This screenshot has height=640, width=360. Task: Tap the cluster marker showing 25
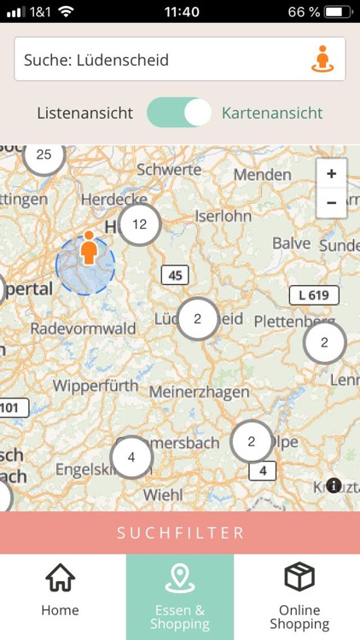point(44,155)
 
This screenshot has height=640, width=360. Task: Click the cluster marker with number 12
point(140,224)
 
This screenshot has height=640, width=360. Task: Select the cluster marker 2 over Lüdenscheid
point(198,319)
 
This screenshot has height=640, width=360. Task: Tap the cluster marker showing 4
point(131,457)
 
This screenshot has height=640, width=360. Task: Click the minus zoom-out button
point(331,203)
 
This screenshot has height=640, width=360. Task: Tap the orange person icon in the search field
point(322,59)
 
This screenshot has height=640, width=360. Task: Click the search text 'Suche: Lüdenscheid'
point(96,60)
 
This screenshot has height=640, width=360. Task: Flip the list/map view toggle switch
point(179,113)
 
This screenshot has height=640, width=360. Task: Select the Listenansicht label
point(85,113)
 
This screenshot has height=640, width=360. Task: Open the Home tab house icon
point(60,579)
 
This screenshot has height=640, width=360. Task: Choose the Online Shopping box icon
point(299,578)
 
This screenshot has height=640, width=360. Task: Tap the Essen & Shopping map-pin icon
point(180,578)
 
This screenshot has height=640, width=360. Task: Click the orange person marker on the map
point(88,248)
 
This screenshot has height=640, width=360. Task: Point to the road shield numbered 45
point(175,275)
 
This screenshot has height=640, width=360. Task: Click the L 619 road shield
point(313,295)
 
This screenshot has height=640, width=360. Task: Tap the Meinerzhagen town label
point(200,393)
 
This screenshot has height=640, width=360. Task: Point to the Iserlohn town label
point(224,216)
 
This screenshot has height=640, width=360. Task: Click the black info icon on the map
point(334,486)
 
